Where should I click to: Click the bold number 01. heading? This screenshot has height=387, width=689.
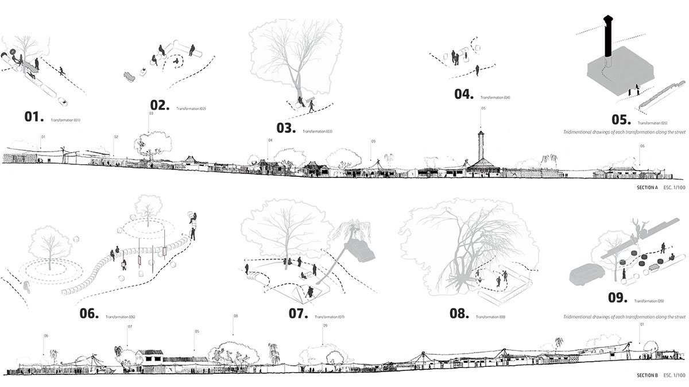pyautogui.click(x=34, y=117)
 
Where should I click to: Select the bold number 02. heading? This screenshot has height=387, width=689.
pyautogui.click(x=160, y=105)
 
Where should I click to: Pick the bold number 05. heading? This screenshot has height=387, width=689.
pyautogui.click(x=621, y=119)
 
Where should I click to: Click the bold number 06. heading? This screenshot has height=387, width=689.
pyautogui.click(x=90, y=314)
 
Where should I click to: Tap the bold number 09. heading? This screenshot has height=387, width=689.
pyautogui.click(x=620, y=297)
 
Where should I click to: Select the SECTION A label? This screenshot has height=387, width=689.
pyautogui.click(x=647, y=187)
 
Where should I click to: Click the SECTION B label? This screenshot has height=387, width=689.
pyautogui.click(x=647, y=376)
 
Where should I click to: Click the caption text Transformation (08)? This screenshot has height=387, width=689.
pyautogui.click(x=494, y=318)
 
